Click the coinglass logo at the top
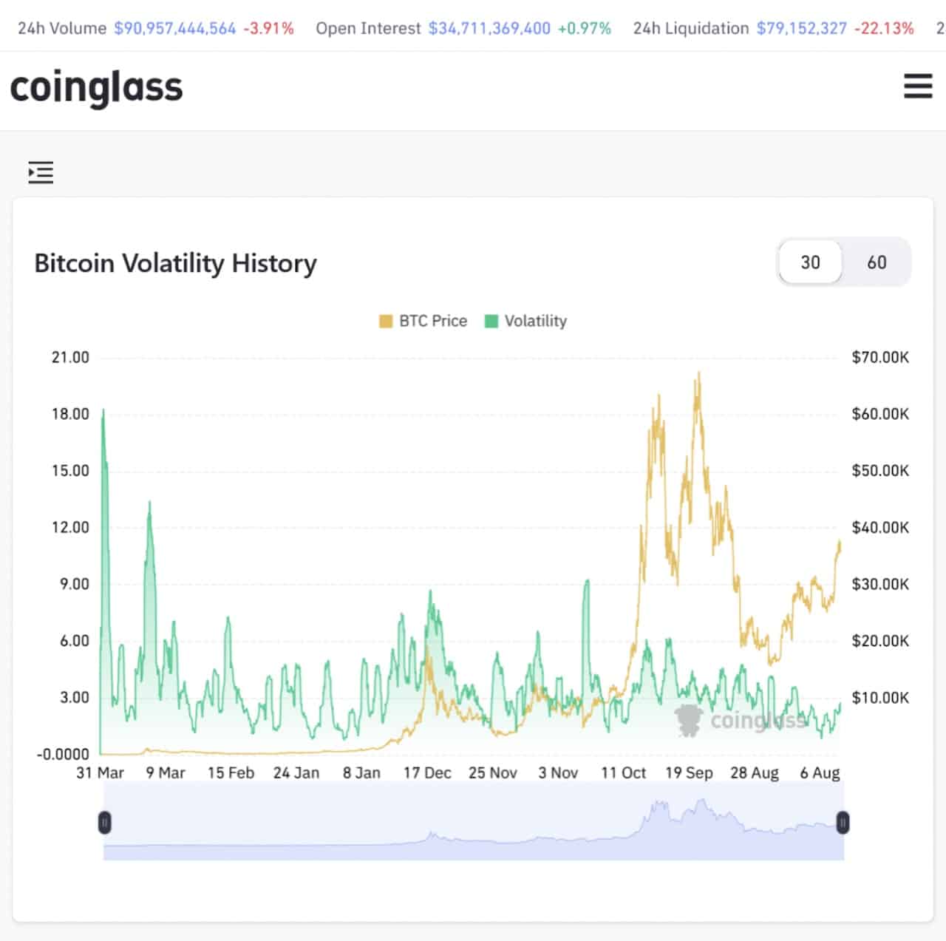(96, 87)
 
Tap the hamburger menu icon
(918, 86)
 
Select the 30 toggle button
(810, 262)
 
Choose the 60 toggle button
(877, 262)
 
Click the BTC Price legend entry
(423, 321)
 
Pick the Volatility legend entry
(526, 321)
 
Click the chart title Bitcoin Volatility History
(175, 263)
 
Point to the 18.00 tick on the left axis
(70, 414)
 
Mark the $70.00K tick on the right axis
(880, 357)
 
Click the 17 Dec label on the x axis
(427, 772)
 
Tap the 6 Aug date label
(820, 772)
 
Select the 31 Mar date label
(101, 772)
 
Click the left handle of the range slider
(105, 822)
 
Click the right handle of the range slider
(843, 822)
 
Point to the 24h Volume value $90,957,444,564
(174, 28)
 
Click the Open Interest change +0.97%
(584, 28)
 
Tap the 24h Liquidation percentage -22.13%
(884, 28)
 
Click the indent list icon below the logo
(41, 172)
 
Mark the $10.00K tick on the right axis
(880, 697)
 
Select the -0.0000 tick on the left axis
(63, 754)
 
